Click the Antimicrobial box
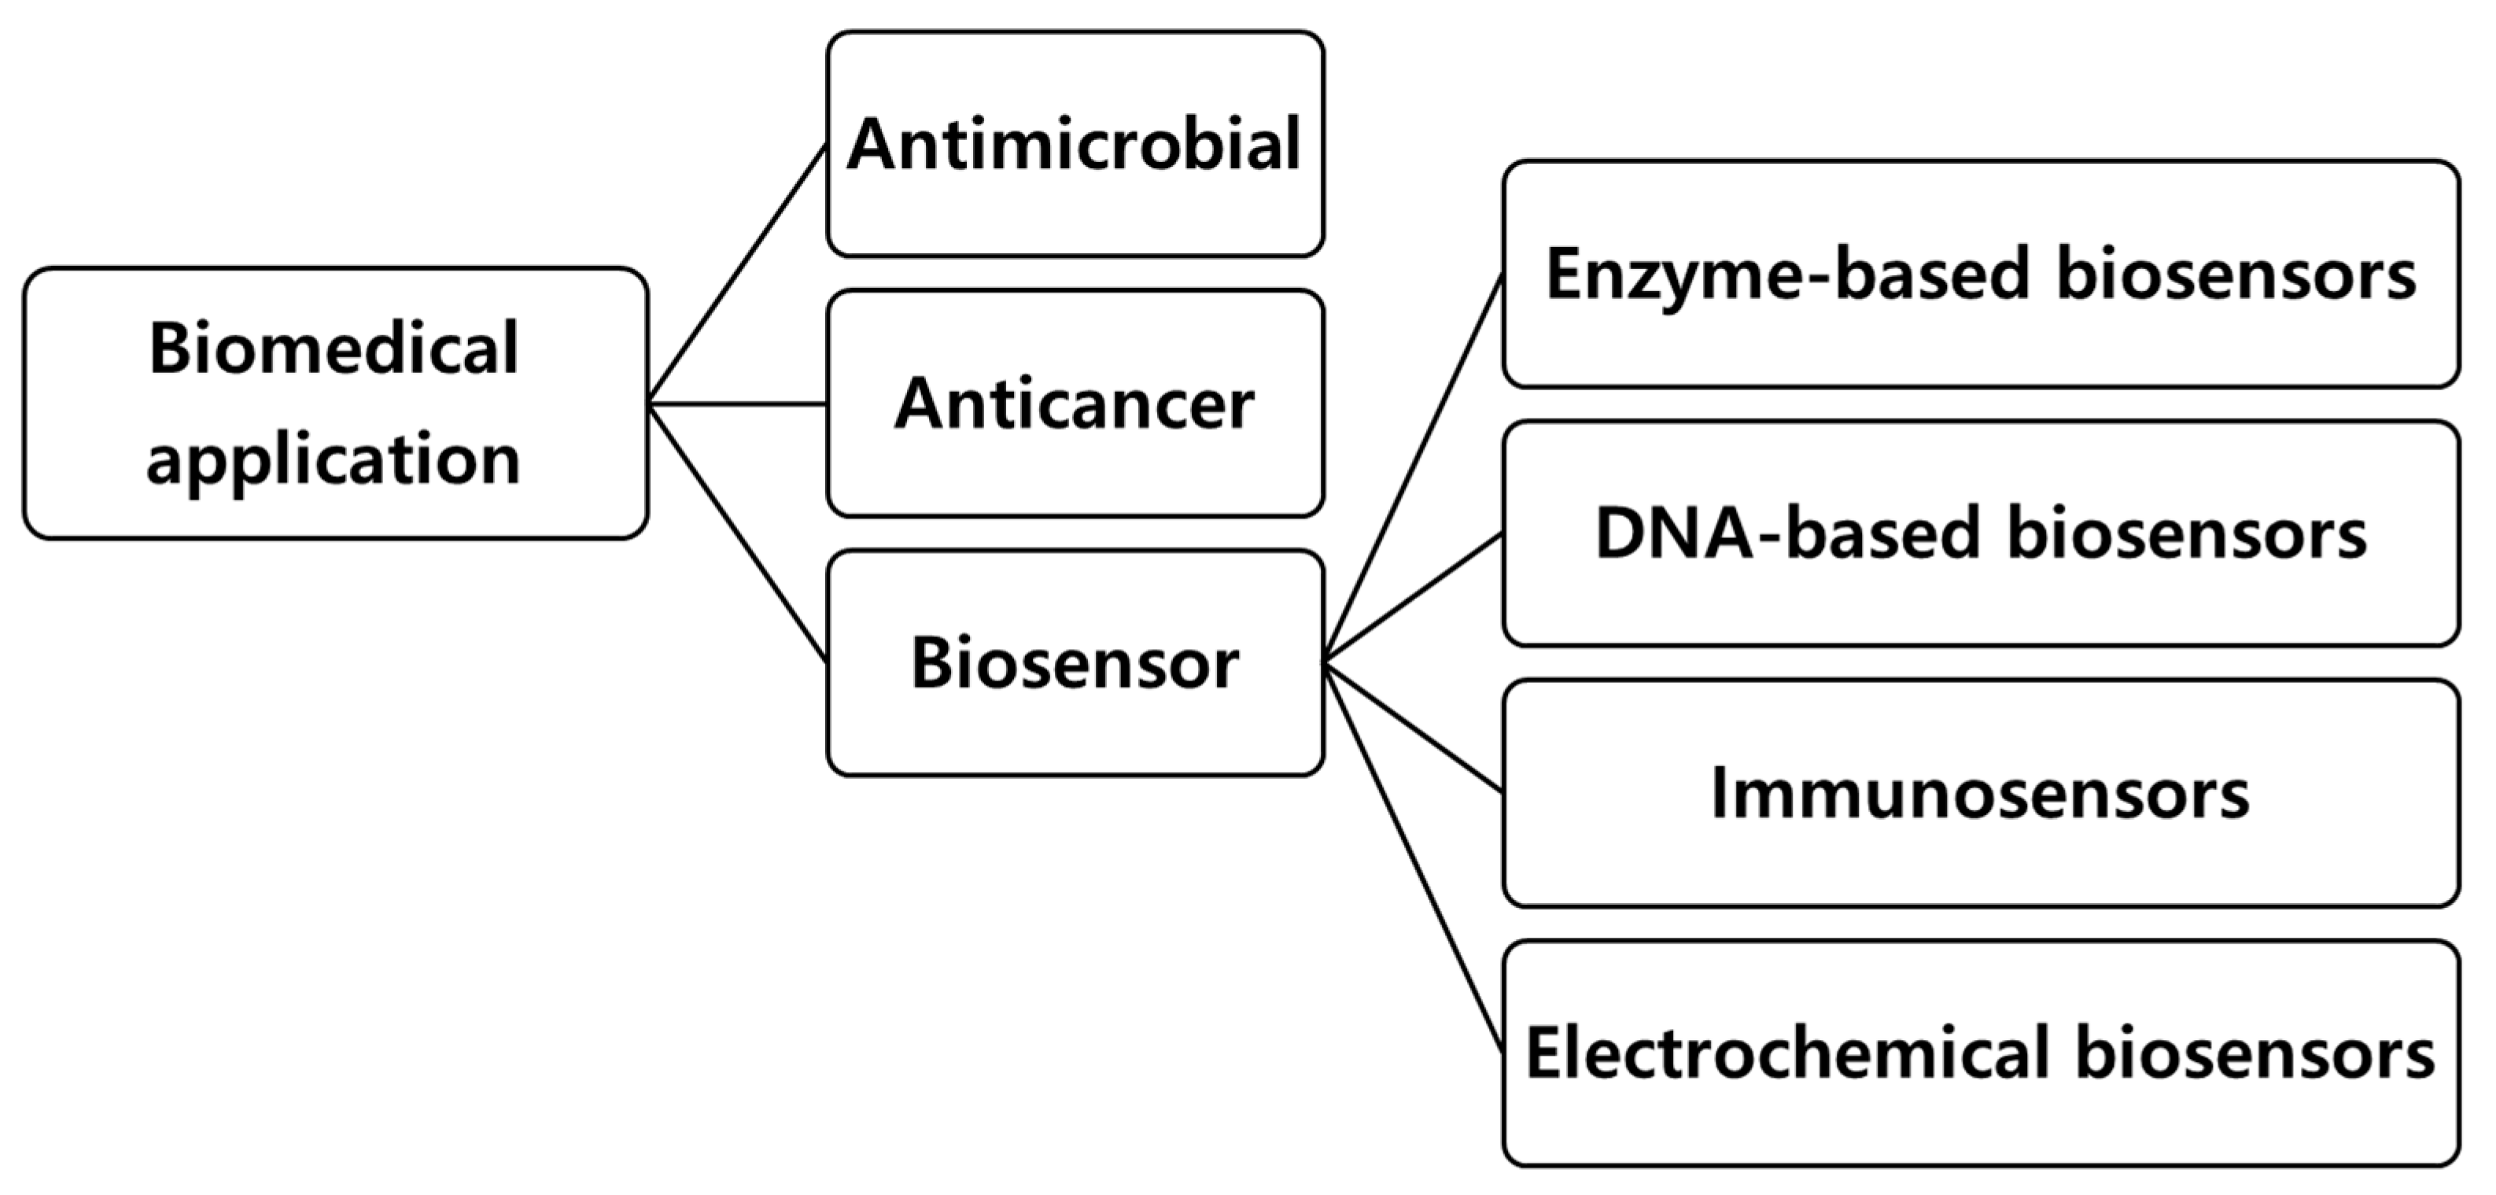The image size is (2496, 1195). [1074, 143]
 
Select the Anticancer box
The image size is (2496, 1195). [1074, 403]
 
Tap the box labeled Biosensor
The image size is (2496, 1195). [1074, 663]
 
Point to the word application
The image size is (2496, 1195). [334, 459]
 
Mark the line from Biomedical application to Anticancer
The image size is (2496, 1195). [737, 403]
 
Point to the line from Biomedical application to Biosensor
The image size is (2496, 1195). [737, 533]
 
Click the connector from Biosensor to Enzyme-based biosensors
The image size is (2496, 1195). [1414, 468]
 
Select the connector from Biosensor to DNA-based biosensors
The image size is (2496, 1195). [1414, 598]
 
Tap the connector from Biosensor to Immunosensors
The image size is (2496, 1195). [1414, 728]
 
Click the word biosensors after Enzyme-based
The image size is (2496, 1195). [2236, 275]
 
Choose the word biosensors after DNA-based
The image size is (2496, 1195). [2186, 534]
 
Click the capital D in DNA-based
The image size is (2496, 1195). [1620, 534]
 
